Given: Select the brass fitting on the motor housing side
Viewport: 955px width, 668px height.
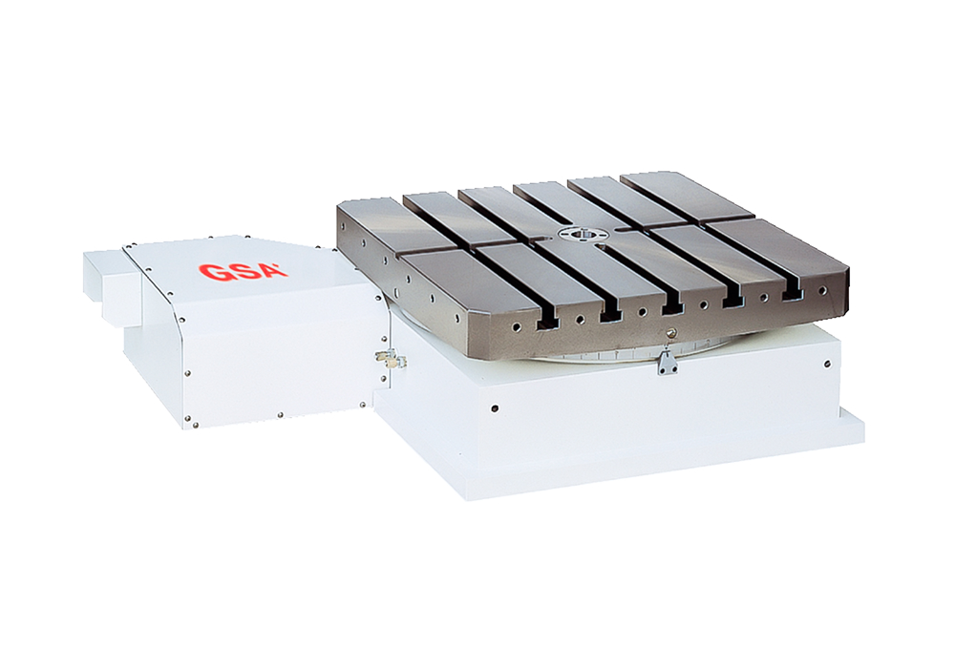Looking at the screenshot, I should coord(390,359).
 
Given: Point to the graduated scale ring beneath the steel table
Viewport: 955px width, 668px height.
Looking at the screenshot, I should coord(611,355).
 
